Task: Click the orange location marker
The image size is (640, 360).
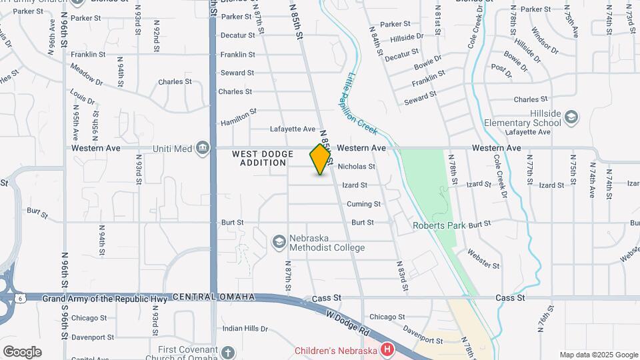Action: click(321, 159)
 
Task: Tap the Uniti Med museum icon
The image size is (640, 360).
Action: click(203, 148)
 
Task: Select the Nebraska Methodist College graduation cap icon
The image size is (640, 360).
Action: click(279, 239)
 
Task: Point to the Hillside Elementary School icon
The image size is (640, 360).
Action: click(571, 118)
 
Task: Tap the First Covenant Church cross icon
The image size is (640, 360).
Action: click(228, 351)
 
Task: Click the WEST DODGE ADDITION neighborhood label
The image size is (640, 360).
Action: click(263, 159)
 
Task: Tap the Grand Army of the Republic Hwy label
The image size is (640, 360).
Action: click(105, 298)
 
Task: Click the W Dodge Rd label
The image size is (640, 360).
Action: click(346, 323)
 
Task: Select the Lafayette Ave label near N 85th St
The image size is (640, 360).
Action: click(292, 129)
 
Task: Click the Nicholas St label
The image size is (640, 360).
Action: click(357, 167)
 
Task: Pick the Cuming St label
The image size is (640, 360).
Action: click(363, 204)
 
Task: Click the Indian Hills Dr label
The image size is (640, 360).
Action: click(245, 329)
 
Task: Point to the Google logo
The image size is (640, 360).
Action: click(22, 352)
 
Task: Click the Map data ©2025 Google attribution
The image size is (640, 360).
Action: click(598, 355)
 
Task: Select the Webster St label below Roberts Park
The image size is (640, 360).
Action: click(483, 259)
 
